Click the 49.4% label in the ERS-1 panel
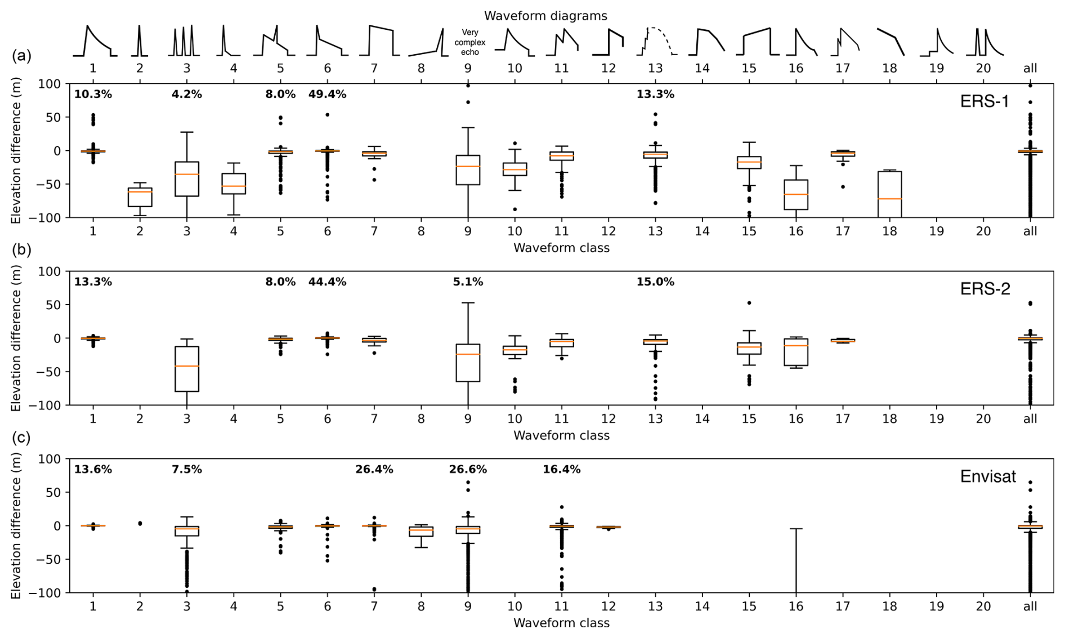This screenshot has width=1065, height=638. click(327, 95)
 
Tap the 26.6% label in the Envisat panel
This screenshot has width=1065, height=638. click(468, 470)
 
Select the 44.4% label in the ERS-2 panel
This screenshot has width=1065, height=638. click(327, 282)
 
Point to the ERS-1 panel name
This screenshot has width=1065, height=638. click(985, 101)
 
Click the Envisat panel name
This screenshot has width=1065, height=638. click(988, 476)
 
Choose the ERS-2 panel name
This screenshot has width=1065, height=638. click(985, 289)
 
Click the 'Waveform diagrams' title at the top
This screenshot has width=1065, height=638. click(545, 16)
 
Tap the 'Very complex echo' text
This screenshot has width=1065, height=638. click(469, 42)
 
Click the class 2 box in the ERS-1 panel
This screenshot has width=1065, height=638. click(140, 197)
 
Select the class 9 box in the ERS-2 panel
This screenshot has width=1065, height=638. click(468, 363)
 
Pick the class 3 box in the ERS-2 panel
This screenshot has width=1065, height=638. click(186, 369)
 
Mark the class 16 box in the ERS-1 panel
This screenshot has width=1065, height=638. click(796, 195)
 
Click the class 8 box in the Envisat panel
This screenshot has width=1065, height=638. click(421, 531)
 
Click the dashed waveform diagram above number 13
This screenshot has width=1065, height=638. click(657, 41)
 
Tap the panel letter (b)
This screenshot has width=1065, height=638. click(21, 249)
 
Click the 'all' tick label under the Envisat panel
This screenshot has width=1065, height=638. click(1030, 606)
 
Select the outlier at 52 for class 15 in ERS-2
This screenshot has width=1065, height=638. click(749, 303)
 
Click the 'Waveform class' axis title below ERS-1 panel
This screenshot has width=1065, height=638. click(561, 248)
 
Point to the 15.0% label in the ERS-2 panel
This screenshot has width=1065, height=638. click(655, 282)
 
